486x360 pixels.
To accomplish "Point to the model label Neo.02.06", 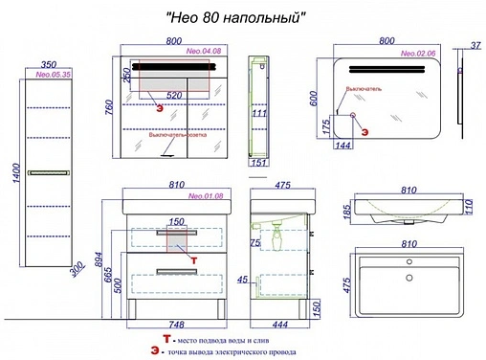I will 419,55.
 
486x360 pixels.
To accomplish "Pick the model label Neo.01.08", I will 206,196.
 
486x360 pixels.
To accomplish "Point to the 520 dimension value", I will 174,96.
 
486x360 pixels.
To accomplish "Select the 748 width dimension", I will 173,324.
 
